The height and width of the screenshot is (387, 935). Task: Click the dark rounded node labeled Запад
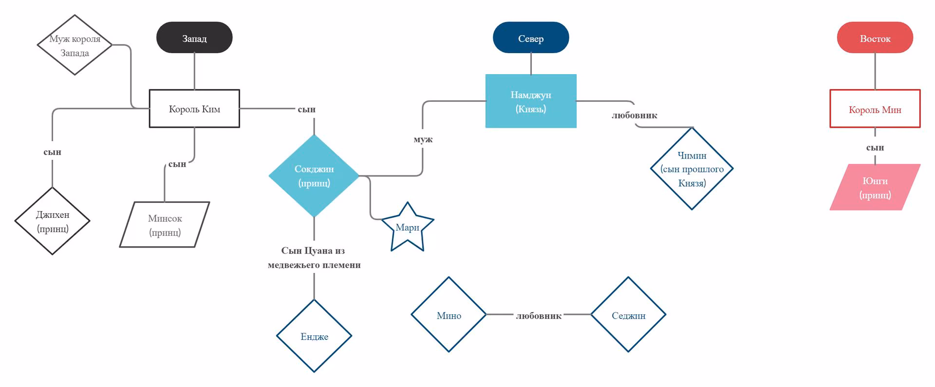point(194,38)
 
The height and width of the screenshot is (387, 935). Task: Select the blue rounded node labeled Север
point(531,38)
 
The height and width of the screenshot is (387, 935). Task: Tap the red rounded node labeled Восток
point(875,38)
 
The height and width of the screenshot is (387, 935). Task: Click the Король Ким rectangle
point(194,109)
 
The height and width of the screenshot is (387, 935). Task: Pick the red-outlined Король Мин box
point(875,109)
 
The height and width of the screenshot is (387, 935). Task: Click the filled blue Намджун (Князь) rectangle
point(531,101)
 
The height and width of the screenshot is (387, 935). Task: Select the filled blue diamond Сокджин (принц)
point(314,175)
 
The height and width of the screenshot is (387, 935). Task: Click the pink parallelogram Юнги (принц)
point(875,187)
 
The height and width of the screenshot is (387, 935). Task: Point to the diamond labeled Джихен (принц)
point(53,221)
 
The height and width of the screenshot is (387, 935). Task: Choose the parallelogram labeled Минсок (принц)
point(165,225)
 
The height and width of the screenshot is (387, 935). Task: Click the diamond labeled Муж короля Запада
point(75,45)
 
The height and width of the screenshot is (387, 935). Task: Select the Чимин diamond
point(692,169)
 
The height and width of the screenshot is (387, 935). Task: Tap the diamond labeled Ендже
point(314,336)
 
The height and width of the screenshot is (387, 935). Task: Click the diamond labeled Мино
point(449,314)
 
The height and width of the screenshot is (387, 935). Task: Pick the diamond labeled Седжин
point(628,314)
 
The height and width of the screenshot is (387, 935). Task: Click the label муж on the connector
point(423,139)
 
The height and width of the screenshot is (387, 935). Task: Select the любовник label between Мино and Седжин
point(539,316)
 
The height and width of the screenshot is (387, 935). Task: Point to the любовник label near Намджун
point(635,116)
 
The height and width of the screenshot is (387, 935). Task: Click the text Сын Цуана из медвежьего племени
point(314,257)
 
